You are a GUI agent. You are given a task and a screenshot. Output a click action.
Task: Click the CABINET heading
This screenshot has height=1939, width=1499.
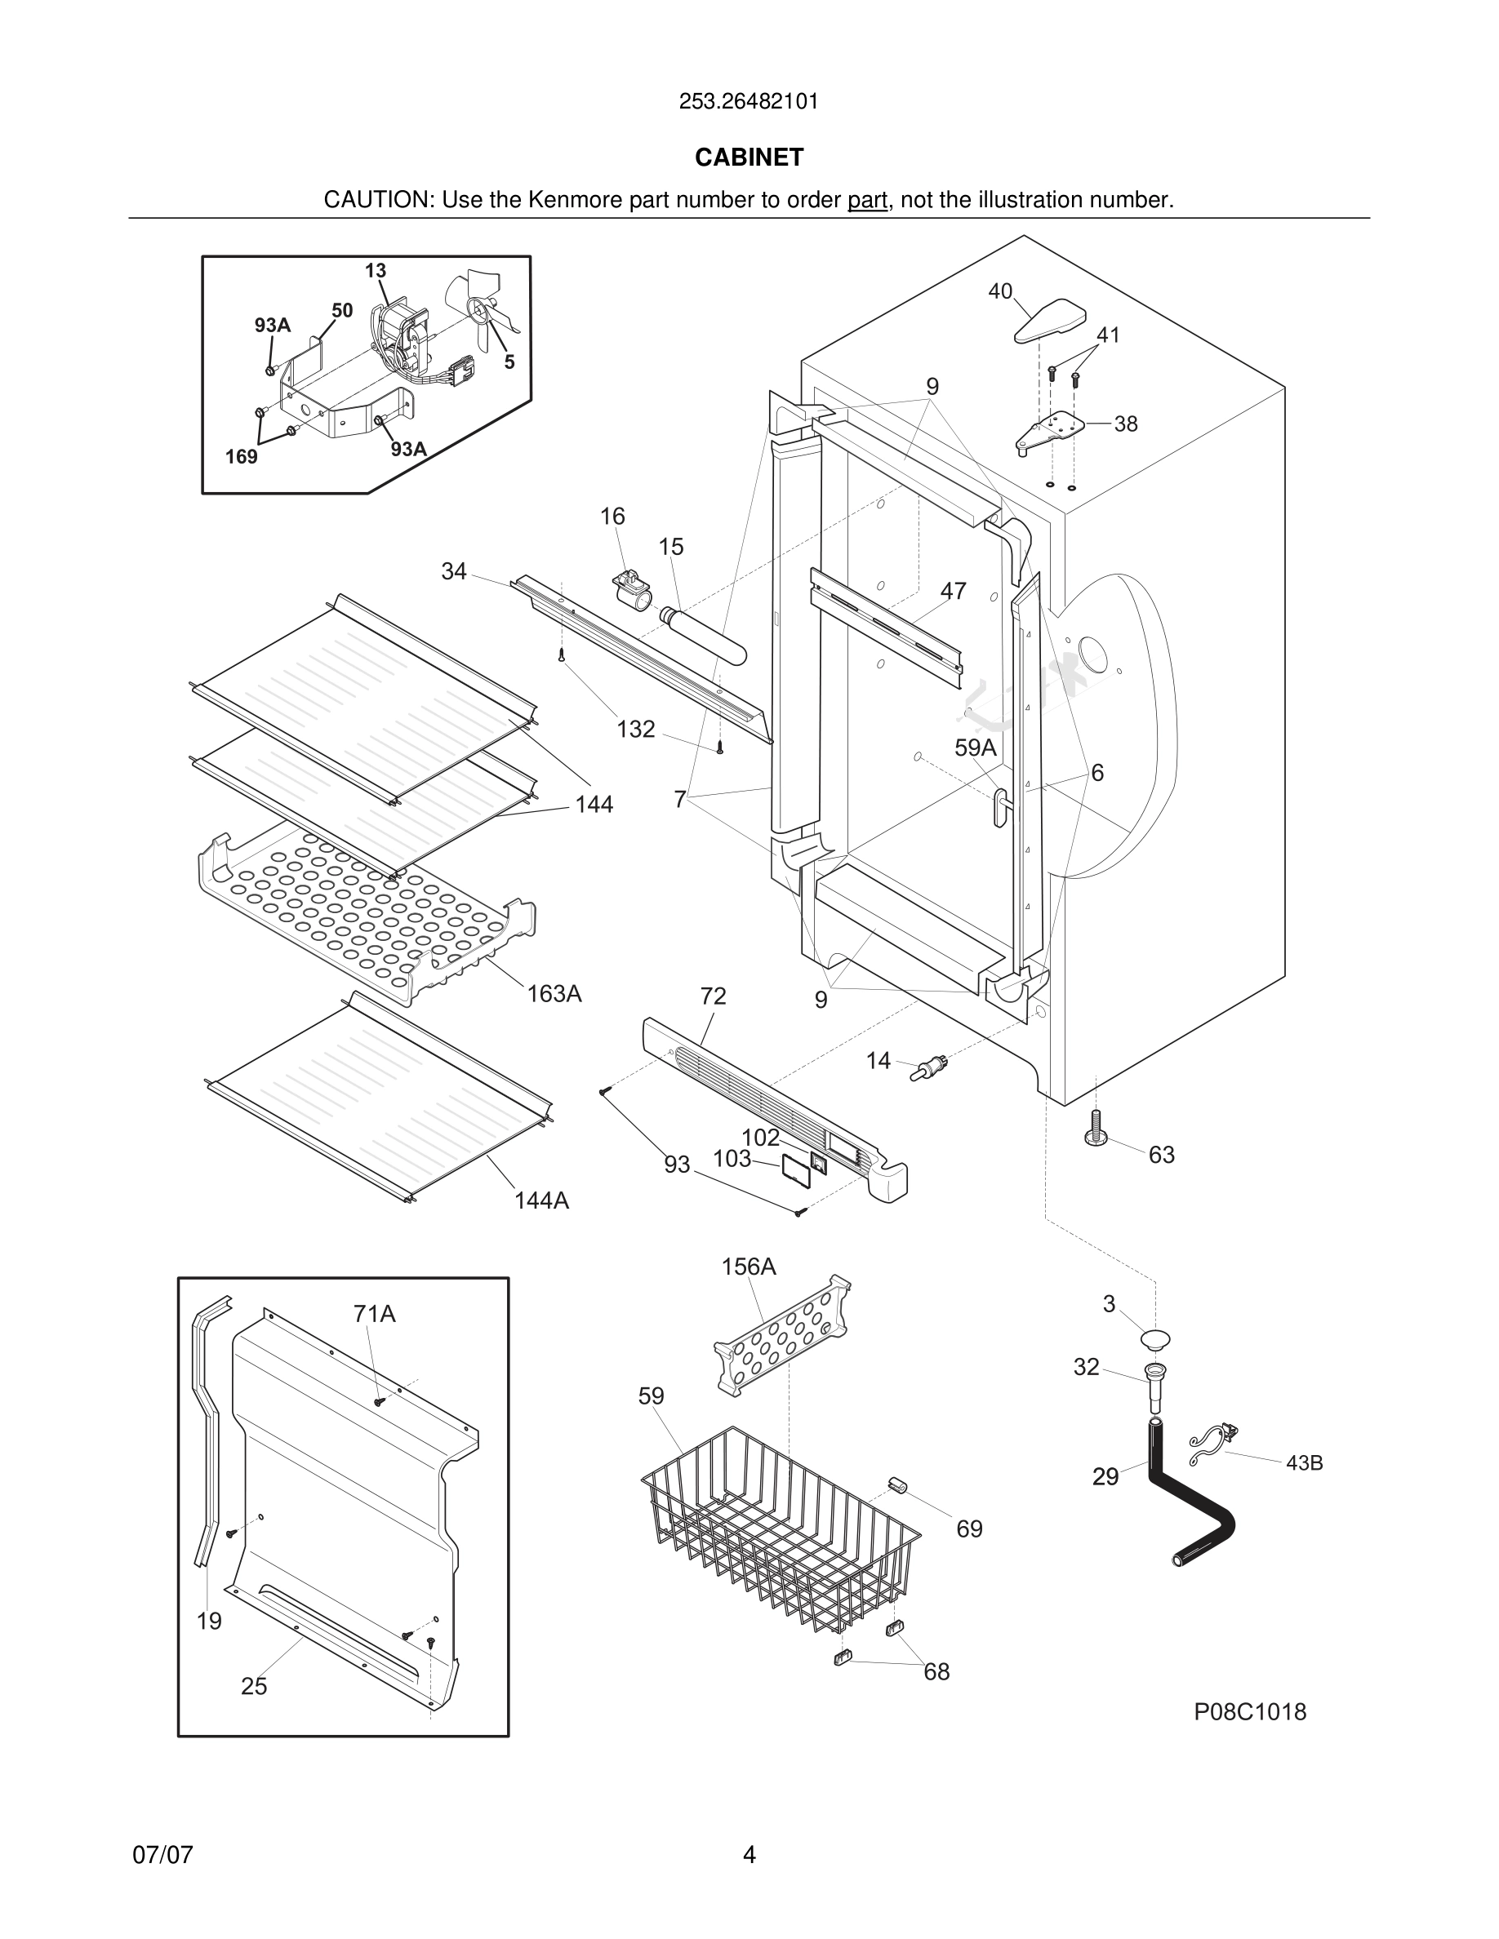[x=749, y=158]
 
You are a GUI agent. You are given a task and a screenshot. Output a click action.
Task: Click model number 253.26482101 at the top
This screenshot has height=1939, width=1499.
[x=749, y=101]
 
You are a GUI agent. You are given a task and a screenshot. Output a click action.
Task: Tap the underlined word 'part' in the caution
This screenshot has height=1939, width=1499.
[x=867, y=200]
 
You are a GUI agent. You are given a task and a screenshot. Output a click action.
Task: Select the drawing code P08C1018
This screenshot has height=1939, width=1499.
[x=1249, y=1711]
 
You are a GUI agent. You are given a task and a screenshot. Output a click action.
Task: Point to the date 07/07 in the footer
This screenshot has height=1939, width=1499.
[x=162, y=1855]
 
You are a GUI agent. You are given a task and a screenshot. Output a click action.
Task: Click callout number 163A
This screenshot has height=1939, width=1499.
[x=554, y=993]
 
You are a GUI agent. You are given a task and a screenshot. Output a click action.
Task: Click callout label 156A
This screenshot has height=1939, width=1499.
[x=749, y=1267]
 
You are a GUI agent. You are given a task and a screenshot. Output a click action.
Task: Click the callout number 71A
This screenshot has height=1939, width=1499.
[x=374, y=1313]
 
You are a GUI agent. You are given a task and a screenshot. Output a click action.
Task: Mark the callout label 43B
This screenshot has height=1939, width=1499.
[x=1304, y=1462]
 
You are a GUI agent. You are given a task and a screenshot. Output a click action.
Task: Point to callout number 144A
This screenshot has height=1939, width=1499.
[x=541, y=1200]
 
